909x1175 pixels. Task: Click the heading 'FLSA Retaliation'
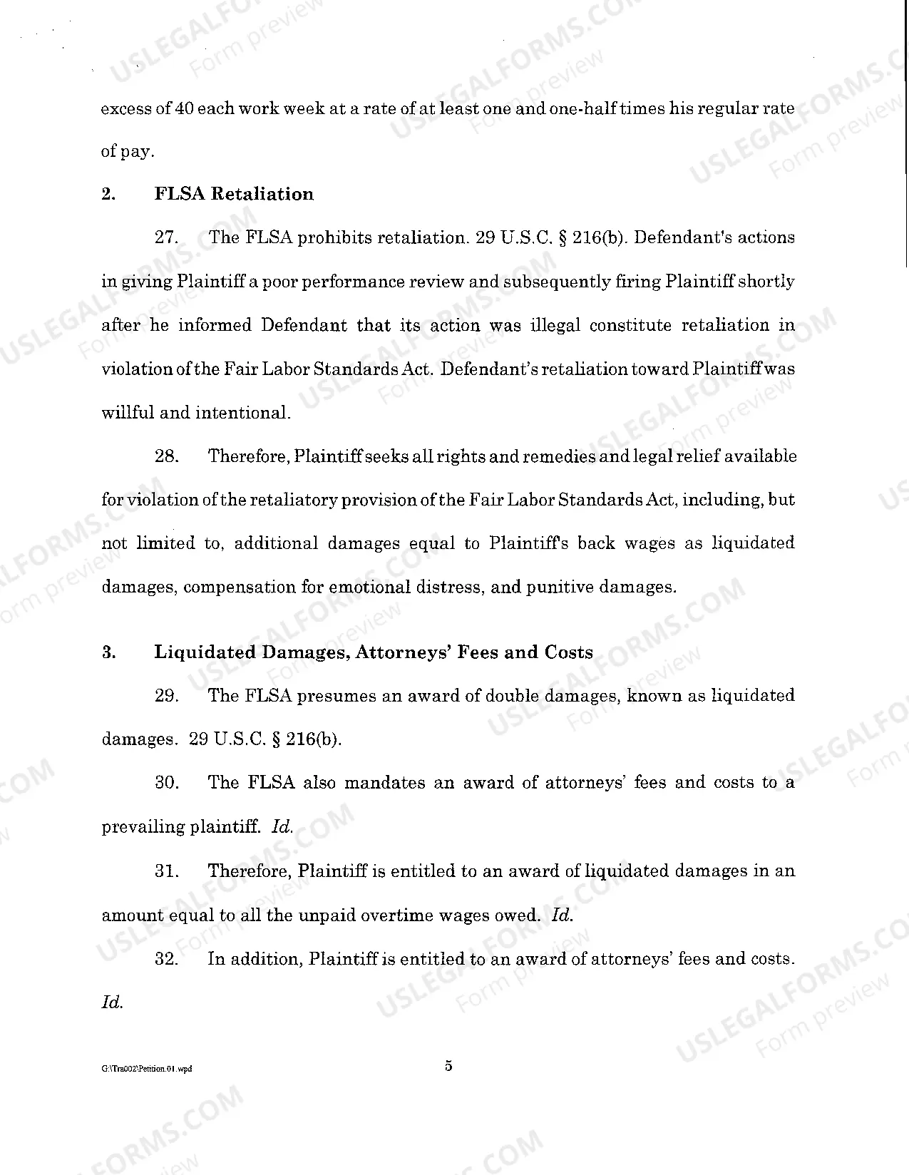234,194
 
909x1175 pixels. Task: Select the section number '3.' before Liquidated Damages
109,652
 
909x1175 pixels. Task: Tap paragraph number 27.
166,238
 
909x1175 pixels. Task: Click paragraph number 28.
166,456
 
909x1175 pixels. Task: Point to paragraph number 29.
166,696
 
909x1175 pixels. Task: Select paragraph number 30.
166,783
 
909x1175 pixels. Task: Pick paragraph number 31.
166,871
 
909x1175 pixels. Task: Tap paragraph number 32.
166,959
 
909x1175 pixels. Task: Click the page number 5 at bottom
448,1067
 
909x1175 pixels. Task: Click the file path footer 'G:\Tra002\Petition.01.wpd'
147,1069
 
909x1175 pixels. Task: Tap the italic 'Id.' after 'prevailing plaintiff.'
282,827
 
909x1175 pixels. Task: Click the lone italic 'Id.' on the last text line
112,1002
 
